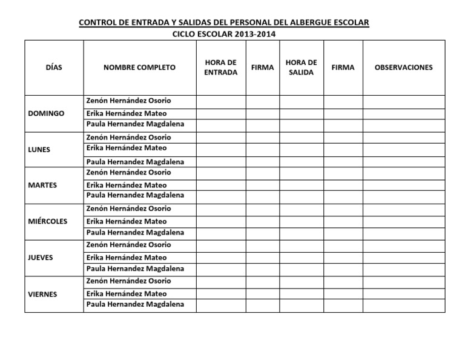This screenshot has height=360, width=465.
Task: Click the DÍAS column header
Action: point(54,67)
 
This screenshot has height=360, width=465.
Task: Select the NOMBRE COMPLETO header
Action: point(139,67)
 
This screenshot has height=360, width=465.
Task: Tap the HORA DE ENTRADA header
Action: point(221,67)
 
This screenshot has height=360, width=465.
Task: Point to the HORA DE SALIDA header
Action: point(301,67)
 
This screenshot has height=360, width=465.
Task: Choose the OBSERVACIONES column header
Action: point(404,67)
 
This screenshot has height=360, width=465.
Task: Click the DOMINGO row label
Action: point(47,113)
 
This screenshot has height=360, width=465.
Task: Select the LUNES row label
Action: point(39,150)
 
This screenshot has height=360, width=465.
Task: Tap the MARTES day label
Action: point(42,185)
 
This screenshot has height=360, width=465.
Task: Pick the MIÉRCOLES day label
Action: point(48,221)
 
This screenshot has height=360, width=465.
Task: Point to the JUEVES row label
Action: point(41,257)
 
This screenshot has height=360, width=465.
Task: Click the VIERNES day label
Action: point(43,294)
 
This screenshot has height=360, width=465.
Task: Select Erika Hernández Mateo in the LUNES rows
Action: point(127,148)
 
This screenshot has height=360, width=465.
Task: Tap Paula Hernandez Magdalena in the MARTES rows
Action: point(135,196)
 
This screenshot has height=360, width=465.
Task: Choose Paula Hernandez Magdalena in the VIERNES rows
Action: point(135,304)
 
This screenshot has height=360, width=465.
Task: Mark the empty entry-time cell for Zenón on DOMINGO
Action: point(221,101)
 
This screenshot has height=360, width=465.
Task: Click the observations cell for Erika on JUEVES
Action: point(404,258)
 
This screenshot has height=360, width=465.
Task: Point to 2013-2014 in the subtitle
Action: point(256,34)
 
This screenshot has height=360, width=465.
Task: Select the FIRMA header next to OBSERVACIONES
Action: point(343,67)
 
